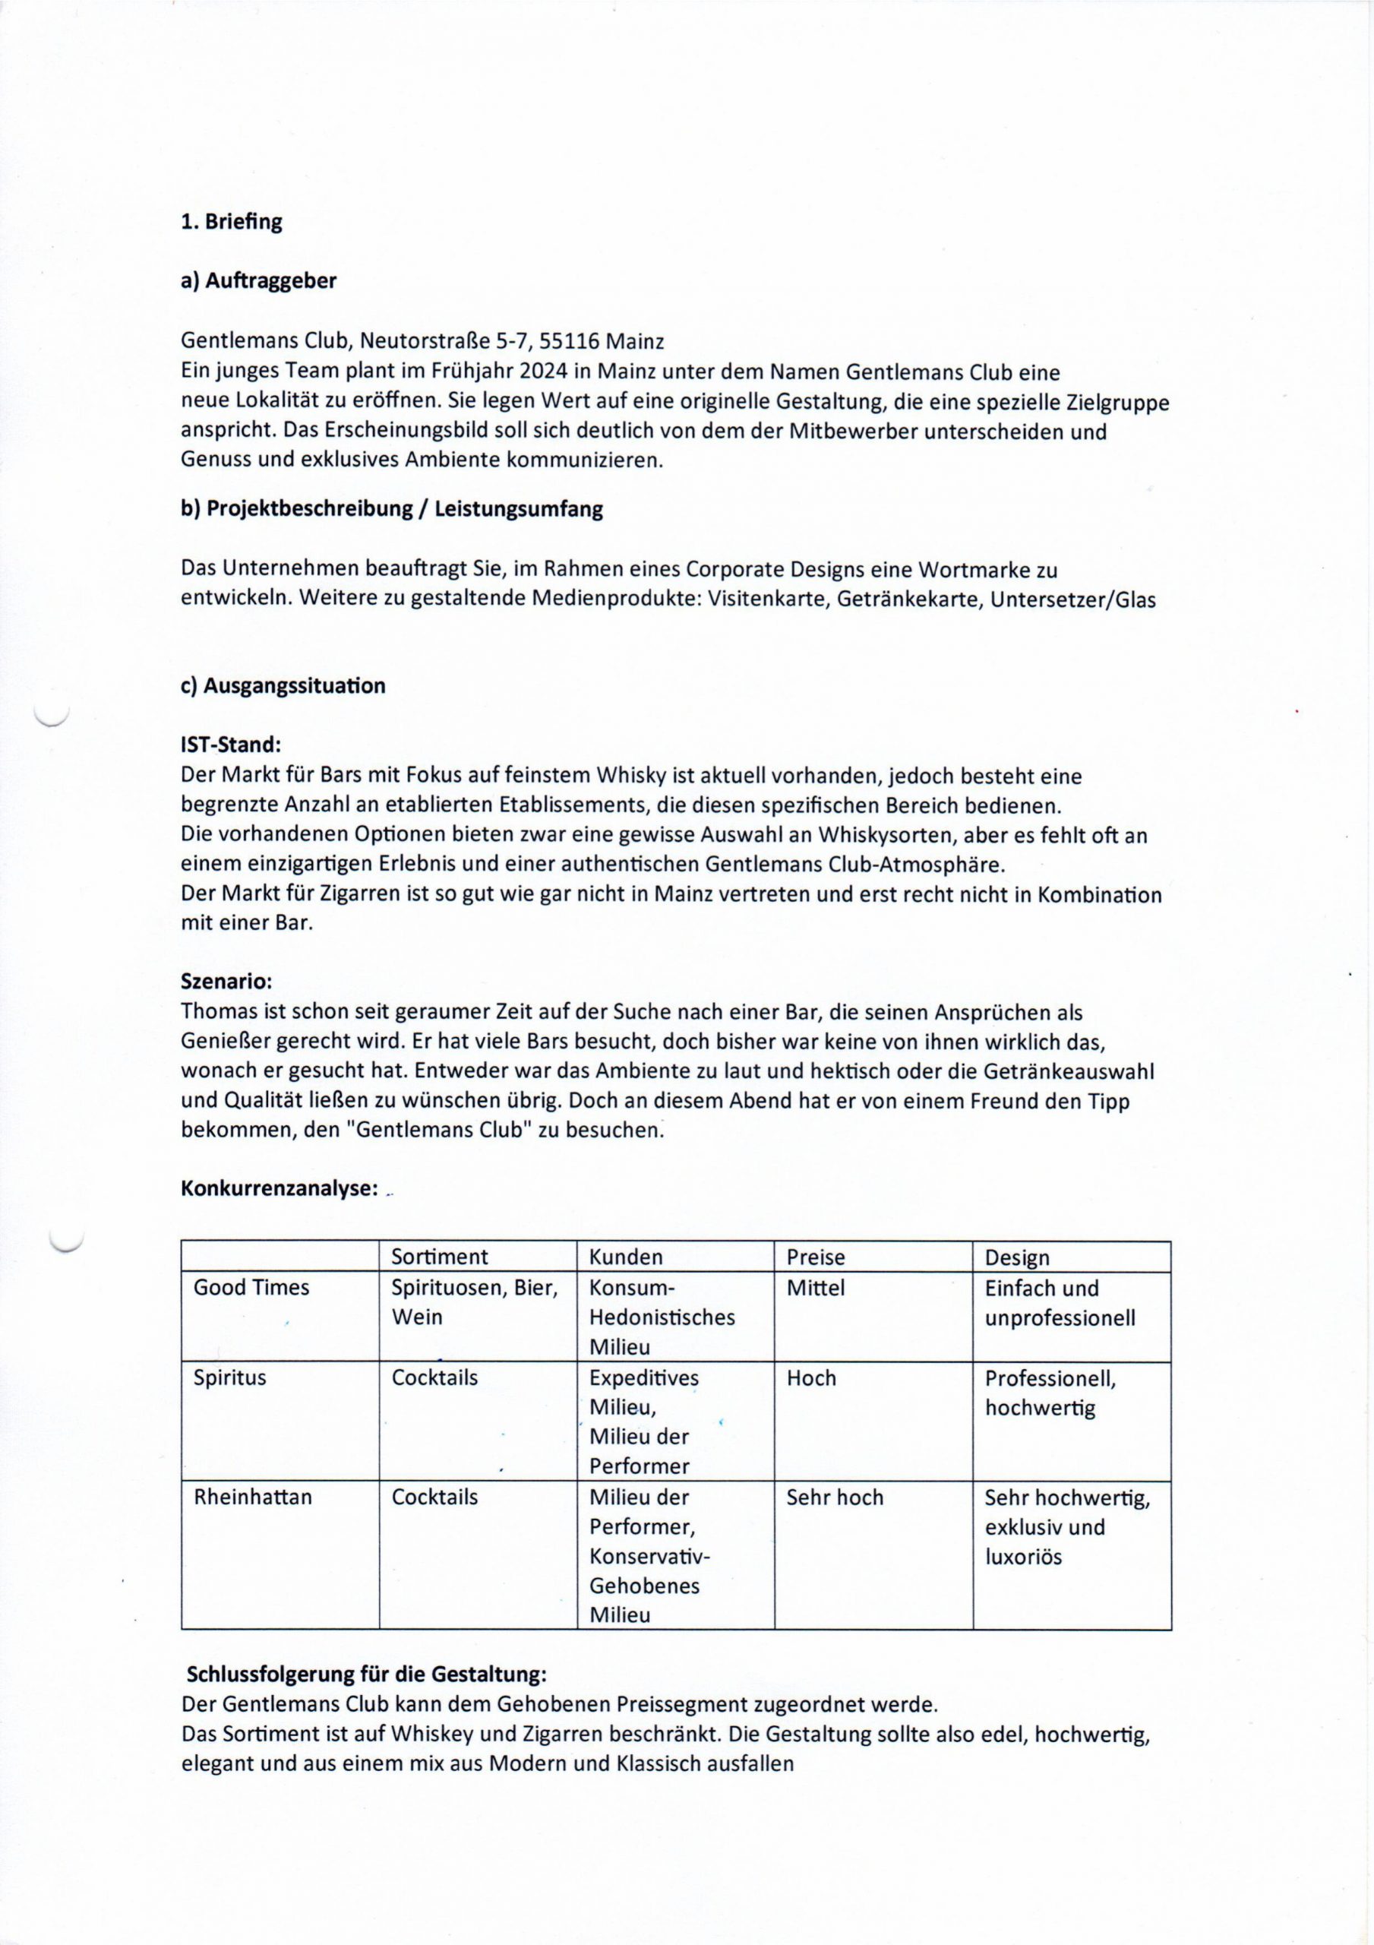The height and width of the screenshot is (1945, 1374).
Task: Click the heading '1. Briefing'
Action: (231, 222)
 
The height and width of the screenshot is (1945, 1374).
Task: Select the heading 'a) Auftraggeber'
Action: (258, 281)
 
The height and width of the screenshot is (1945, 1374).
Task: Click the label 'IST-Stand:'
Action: (229, 745)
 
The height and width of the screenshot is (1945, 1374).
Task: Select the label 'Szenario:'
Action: (226, 982)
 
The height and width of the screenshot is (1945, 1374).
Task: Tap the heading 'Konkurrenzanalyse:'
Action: (280, 1188)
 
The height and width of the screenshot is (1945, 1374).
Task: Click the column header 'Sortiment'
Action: (440, 1257)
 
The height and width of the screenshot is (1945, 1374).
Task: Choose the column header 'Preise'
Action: (816, 1257)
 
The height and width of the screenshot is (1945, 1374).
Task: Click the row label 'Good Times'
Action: (251, 1288)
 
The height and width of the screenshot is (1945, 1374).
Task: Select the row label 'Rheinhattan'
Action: (252, 1497)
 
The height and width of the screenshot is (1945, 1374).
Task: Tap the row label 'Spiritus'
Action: (229, 1377)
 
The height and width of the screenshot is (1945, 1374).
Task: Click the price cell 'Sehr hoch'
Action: (835, 1497)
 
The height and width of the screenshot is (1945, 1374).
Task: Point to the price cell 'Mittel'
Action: (816, 1288)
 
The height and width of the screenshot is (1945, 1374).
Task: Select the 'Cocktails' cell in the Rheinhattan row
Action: (434, 1497)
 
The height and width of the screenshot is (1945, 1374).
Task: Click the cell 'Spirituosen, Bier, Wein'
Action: (475, 1302)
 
